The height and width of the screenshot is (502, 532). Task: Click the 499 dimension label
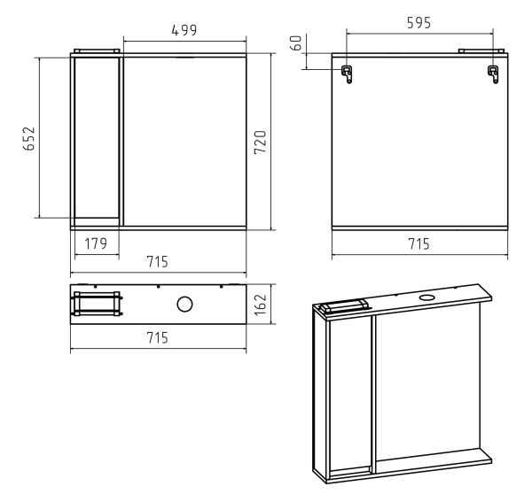click(x=184, y=30)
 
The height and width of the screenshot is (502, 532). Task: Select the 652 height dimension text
click(x=29, y=138)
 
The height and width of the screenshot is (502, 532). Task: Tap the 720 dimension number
click(x=261, y=143)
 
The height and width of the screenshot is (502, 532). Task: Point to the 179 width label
click(x=96, y=243)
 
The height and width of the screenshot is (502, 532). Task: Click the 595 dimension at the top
click(x=419, y=23)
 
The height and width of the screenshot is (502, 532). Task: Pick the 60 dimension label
click(x=296, y=43)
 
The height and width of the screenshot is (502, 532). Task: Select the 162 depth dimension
click(x=261, y=305)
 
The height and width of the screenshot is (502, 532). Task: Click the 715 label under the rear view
click(x=419, y=243)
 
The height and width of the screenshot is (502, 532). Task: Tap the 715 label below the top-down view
click(x=158, y=337)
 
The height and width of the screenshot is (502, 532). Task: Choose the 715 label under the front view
click(x=158, y=262)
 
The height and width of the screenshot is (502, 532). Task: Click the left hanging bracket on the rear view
click(x=347, y=74)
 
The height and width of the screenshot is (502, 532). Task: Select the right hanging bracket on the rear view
click(x=493, y=74)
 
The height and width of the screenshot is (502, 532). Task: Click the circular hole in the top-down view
click(x=184, y=305)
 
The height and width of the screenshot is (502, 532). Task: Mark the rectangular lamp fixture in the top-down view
click(x=97, y=304)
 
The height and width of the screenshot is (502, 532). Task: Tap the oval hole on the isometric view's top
click(x=427, y=297)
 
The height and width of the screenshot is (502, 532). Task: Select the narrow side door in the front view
click(x=97, y=137)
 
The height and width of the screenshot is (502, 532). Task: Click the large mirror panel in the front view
click(x=185, y=142)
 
